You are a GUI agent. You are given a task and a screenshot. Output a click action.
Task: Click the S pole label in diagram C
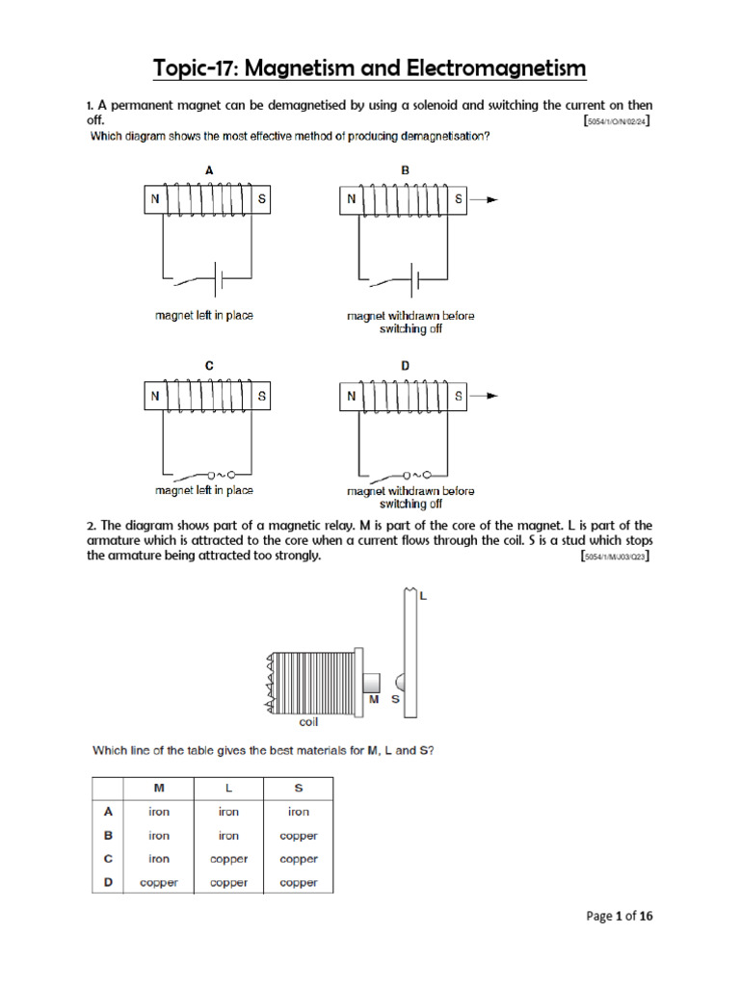tap(261, 395)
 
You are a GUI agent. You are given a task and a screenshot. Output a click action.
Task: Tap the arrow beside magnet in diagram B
tap(490, 199)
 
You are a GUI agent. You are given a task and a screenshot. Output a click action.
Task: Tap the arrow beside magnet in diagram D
tap(490, 395)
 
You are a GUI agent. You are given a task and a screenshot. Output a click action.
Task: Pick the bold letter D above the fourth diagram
tap(406, 365)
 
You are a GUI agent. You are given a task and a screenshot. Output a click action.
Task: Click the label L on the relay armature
tap(423, 597)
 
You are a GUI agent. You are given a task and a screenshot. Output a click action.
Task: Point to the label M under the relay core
tap(375, 700)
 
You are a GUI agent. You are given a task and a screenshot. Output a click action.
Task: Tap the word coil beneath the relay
tap(308, 720)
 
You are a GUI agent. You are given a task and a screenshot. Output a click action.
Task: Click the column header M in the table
tap(159, 788)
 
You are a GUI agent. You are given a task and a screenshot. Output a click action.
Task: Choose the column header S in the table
tap(299, 788)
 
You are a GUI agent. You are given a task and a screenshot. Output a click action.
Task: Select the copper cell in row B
tap(299, 836)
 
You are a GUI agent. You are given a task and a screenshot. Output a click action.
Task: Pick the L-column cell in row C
tap(228, 859)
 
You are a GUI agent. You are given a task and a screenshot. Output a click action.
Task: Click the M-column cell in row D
tap(159, 882)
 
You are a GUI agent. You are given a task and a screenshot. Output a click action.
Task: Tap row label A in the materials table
tap(109, 812)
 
